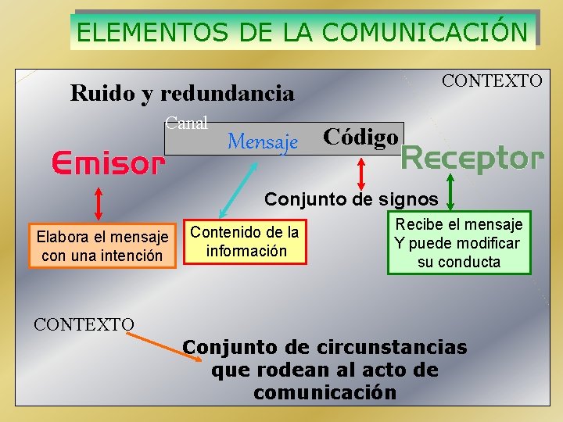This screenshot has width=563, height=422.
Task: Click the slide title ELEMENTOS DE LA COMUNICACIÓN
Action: (x=303, y=32)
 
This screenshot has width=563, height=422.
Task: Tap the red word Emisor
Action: (x=108, y=164)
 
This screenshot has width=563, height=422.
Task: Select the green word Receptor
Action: (x=471, y=158)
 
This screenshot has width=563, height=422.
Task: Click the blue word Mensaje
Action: (x=263, y=141)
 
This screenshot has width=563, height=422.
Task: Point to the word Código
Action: (x=360, y=137)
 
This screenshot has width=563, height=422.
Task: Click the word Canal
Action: (x=186, y=123)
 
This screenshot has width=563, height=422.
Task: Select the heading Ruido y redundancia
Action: (x=182, y=94)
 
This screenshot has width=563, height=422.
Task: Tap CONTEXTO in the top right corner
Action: (x=492, y=80)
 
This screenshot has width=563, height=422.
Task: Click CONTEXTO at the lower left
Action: (x=84, y=324)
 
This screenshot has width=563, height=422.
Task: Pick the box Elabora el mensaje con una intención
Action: (x=102, y=245)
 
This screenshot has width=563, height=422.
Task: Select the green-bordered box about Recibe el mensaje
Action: (x=458, y=242)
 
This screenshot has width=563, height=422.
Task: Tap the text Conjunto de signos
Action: (x=351, y=199)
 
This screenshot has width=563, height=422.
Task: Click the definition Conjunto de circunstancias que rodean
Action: (x=325, y=369)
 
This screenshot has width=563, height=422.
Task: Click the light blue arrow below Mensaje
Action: (x=242, y=185)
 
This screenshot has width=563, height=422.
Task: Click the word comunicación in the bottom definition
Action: (x=325, y=392)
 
